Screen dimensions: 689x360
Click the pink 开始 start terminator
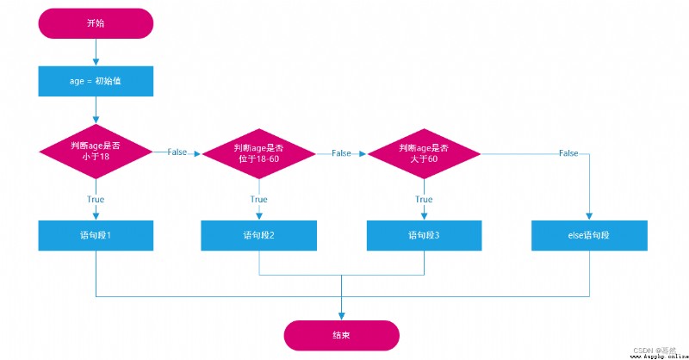click(x=96, y=23)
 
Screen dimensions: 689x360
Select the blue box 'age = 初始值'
click(x=96, y=81)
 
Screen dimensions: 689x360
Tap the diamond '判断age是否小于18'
click(x=96, y=152)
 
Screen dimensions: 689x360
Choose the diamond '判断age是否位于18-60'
click(x=259, y=154)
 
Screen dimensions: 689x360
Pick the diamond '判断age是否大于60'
click(x=424, y=154)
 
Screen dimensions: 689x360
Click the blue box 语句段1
click(x=96, y=236)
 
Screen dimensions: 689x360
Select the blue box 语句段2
click(x=259, y=236)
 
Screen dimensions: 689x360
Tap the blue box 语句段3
click(x=424, y=236)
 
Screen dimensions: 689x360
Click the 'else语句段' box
click(x=589, y=236)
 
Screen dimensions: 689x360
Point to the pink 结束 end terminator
click(x=341, y=335)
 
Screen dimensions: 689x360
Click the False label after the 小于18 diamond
click(x=177, y=152)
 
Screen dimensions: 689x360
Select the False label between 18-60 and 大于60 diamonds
click(x=341, y=153)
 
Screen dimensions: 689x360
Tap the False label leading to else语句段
click(x=568, y=153)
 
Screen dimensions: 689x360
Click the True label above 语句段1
click(x=96, y=199)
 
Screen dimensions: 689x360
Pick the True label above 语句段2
click(x=259, y=199)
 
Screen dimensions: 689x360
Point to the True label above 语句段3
click(x=424, y=199)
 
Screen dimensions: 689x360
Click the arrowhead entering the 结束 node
click(x=341, y=316)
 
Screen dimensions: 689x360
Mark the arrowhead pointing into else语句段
click(x=589, y=216)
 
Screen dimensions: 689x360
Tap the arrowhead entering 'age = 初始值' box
click(x=96, y=62)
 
